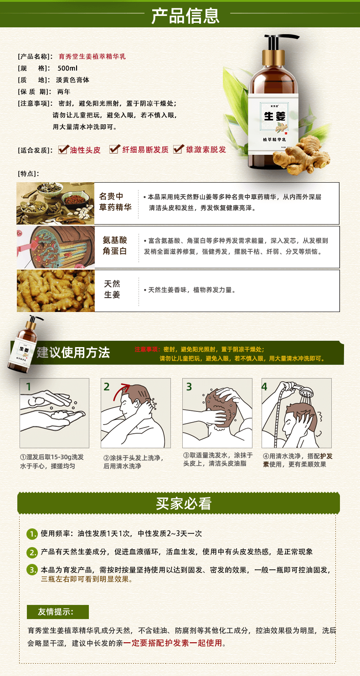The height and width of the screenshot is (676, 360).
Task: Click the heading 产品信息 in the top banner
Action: [185, 15]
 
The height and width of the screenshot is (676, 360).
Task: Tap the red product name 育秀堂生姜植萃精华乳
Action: [92, 56]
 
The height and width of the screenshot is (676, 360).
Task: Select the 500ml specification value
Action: [67, 68]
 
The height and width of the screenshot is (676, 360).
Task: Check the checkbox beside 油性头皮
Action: [63, 149]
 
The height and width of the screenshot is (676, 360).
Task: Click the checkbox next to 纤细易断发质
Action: [114, 149]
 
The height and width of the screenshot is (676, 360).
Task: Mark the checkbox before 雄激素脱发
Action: [178, 149]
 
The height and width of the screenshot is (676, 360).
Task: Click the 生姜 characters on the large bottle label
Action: [274, 116]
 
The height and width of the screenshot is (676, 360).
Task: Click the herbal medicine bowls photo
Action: [56, 204]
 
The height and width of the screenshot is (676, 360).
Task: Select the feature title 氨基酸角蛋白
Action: [115, 246]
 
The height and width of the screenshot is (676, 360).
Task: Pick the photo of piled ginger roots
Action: [56, 291]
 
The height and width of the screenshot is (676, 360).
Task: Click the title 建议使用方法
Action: [73, 353]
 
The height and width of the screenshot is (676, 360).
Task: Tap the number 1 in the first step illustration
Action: [28, 387]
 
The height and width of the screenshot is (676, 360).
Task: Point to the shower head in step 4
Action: [306, 392]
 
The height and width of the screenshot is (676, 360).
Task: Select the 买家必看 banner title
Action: [184, 503]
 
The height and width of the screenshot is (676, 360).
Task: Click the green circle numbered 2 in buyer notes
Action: [32, 552]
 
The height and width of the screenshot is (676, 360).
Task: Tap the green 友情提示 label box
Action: [58, 612]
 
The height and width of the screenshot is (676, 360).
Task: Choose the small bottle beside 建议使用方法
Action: [26, 344]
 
